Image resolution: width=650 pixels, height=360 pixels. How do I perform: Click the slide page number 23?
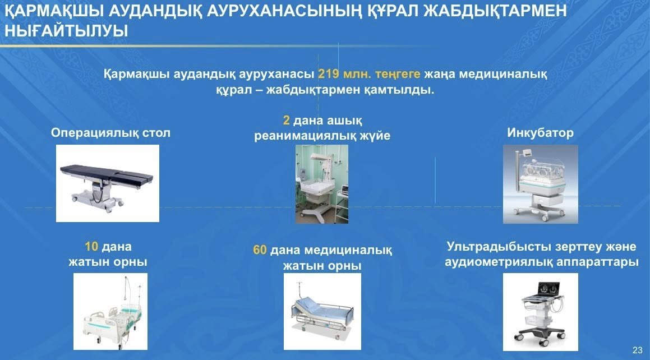tap(638, 350)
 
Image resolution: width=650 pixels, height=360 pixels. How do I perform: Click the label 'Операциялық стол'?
tap(110, 132)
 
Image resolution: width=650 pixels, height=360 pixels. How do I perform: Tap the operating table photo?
tap(107, 183)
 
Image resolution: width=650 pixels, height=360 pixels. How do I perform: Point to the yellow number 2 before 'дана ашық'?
tap(286, 120)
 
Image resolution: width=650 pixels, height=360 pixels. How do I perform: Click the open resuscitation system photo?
tap(322, 184)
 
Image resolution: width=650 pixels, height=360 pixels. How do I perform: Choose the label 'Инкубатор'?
tap(540, 132)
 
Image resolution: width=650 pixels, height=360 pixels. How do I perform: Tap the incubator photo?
tap(540, 184)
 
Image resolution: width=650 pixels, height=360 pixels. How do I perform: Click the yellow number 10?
tap(91, 247)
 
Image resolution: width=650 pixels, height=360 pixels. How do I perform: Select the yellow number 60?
tap(260, 250)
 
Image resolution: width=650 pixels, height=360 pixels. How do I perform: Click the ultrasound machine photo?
tap(540, 312)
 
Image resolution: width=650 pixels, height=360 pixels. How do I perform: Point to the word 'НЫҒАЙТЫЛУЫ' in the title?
tap(66, 31)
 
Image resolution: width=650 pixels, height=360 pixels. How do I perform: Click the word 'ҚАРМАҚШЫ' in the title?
tap(54, 10)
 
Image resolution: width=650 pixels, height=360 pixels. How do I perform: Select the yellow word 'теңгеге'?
tap(398, 74)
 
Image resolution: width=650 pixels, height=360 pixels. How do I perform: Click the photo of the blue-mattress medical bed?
tap(322, 312)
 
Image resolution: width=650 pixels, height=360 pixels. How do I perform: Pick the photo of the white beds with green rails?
tap(110, 312)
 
